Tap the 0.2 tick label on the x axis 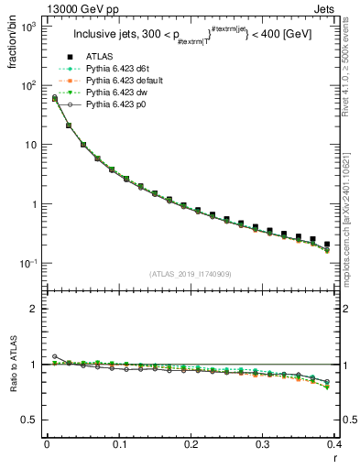191,444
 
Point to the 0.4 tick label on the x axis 335,444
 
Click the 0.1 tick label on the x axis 119,444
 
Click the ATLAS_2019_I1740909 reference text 191,275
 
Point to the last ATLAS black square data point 327,244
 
